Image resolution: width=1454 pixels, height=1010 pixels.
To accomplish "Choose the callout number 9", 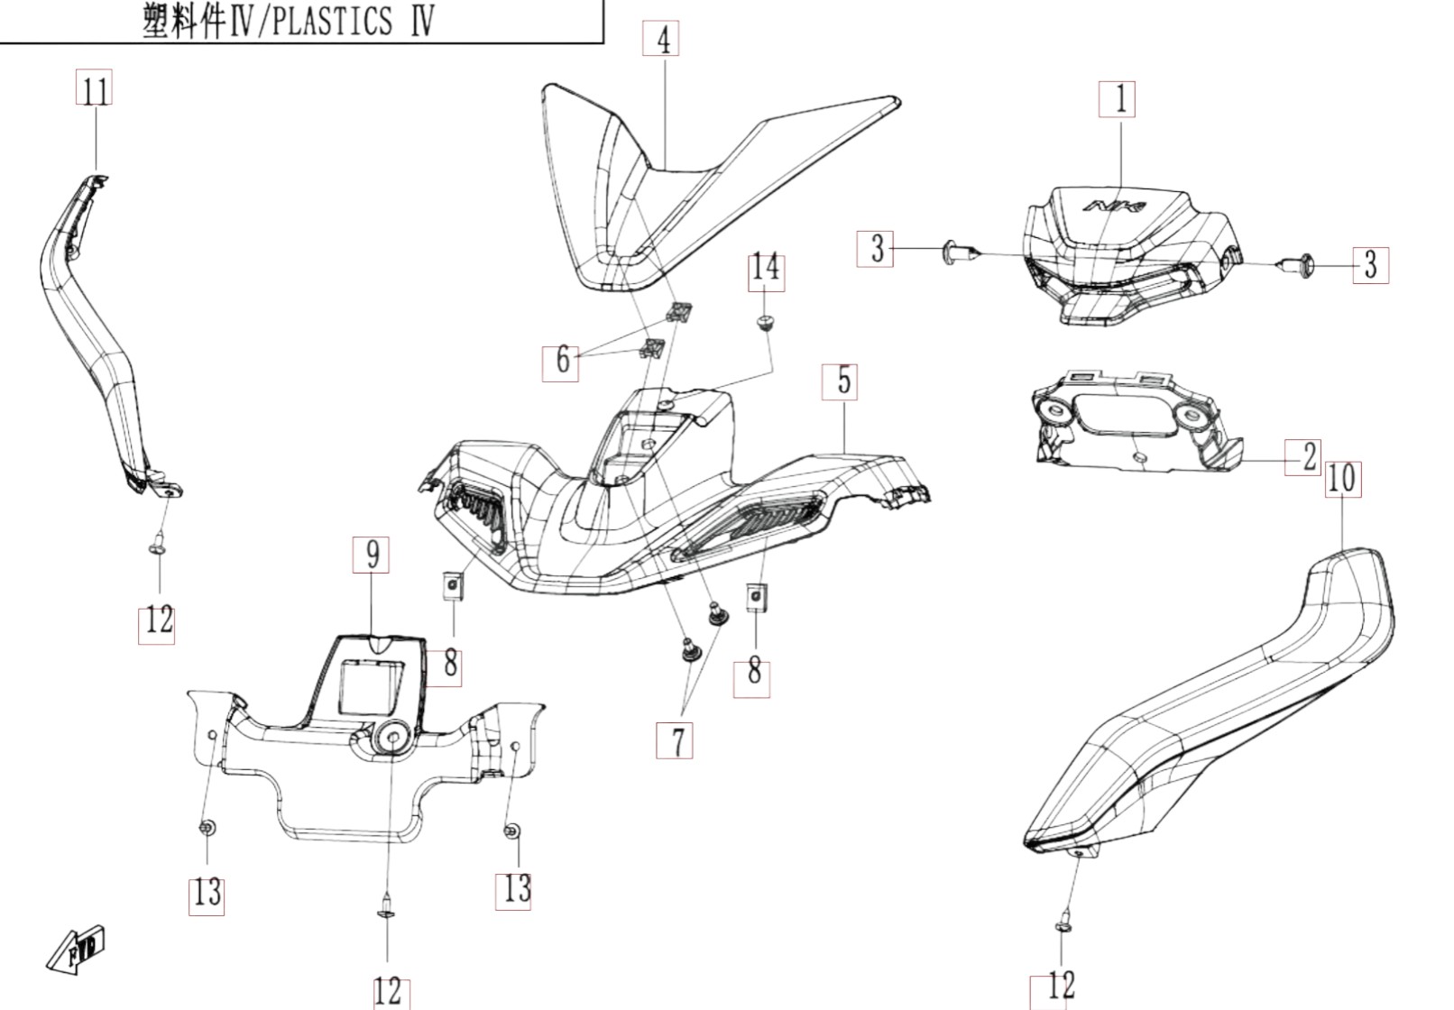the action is pos(372,555).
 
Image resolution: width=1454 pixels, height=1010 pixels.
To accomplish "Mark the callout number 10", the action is pos(1342,478).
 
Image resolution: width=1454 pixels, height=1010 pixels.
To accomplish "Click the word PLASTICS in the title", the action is pos(330,21).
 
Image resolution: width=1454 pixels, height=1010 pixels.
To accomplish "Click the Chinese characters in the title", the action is pos(183,22).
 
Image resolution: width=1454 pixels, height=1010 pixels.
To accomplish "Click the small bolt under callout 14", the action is pos(766,323).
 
